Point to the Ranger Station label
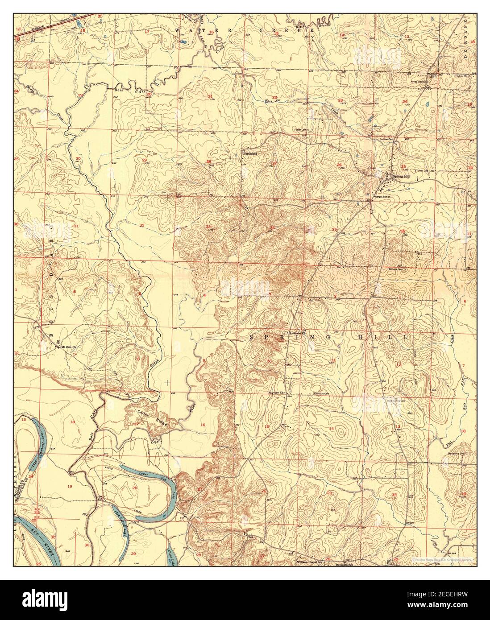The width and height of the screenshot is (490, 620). point(382,196)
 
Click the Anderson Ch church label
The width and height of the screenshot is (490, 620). point(296,333)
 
